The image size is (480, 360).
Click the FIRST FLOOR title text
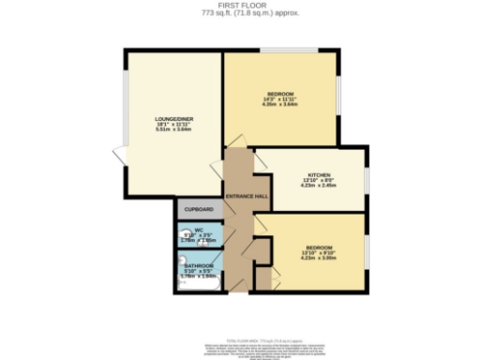(x=241, y=5)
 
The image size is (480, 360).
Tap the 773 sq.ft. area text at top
(x=241, y=12)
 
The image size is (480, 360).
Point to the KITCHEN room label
(x=318, y=175)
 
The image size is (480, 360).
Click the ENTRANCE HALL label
(x=247, y=195)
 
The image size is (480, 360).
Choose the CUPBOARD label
(x=198, y=209)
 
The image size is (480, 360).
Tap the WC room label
(x=199, y=231)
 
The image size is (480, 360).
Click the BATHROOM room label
(x=198, y=267)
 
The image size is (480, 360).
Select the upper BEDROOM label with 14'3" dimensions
(x=281, y=95)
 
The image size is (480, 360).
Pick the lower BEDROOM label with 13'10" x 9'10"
(x=318, y=247)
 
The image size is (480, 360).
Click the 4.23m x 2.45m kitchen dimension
(x=318, y=186)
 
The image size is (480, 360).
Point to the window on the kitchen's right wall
(x=367, y=178)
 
